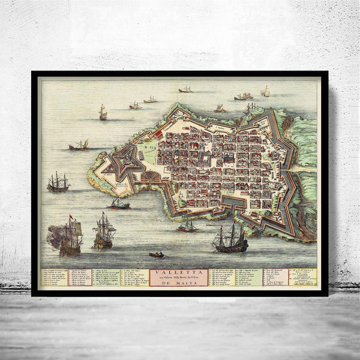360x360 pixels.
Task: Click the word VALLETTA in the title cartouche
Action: point(179,272)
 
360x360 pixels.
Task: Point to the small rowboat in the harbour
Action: point(157,255)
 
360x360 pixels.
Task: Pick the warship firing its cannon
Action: point(71,238)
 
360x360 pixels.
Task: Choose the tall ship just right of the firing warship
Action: point(104,231)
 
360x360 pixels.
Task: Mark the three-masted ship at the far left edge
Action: point(58,184)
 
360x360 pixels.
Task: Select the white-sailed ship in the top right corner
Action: point(265,91)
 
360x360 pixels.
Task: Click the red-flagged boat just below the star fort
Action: point(119,204)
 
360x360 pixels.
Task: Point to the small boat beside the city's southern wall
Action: point(187,226)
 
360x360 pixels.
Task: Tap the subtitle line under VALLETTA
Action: point(179,277)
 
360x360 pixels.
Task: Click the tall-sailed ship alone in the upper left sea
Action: point(103,113)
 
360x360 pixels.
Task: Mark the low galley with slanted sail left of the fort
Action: point(79,145)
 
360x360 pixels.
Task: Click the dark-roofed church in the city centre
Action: point(229,158)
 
